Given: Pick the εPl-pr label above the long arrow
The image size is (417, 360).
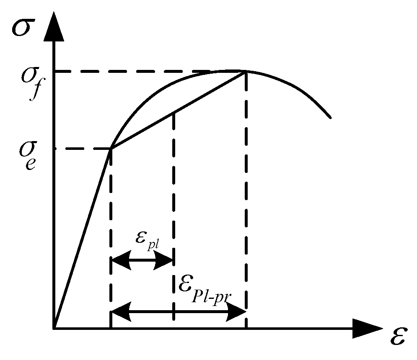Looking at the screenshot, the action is click(205, 288).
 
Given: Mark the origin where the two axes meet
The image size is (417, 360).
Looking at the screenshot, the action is click(54, 328).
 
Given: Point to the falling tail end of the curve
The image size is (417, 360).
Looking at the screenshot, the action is click(331, 117).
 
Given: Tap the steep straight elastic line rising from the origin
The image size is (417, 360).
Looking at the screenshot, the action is click(82, 239).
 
